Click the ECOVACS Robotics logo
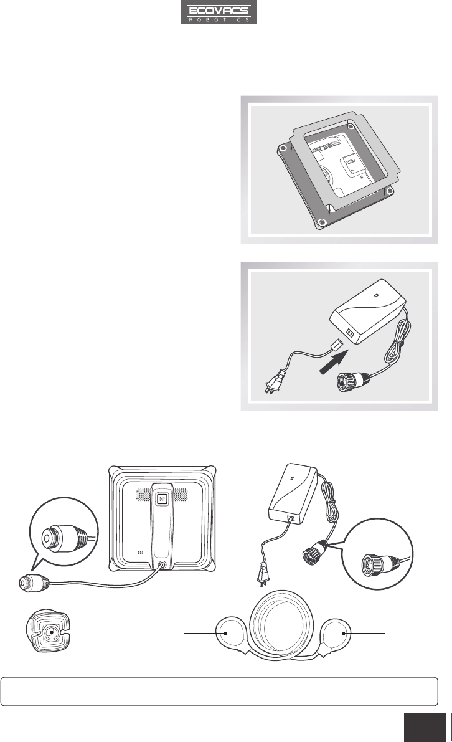[219, 12]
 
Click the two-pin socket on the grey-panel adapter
[351, 333]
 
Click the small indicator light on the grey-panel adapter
[375, 295]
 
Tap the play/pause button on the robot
[161, 499]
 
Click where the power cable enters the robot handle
[163, 564]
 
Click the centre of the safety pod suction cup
[52, 632]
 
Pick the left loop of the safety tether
[230, 635]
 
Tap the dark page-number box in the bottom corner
[425, 728]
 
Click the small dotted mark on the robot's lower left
[140, 552]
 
